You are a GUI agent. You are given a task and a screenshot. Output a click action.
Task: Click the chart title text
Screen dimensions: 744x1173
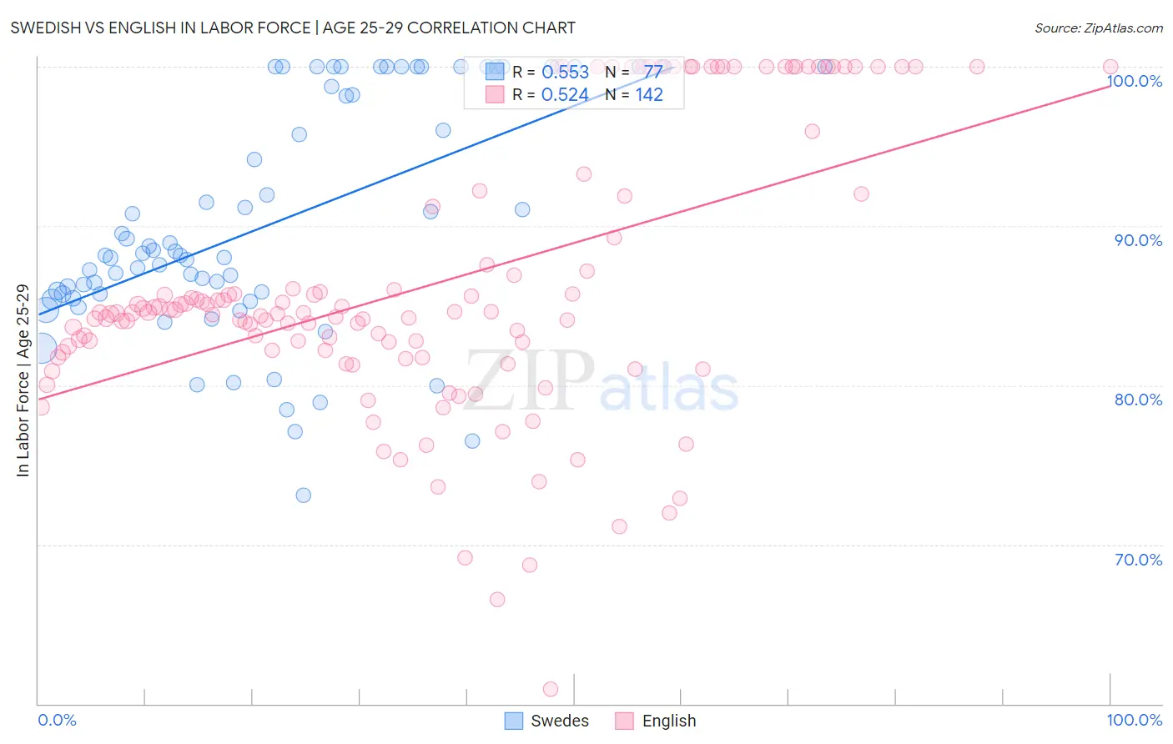(x=293, y=28)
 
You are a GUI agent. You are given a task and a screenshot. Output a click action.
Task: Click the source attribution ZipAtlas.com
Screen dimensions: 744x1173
(x=1098, y=28)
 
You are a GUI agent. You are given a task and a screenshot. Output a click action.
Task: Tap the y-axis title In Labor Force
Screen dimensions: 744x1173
(x=23, y=380)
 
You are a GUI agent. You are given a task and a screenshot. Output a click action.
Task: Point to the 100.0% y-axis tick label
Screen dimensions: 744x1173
(x=1134, y=81)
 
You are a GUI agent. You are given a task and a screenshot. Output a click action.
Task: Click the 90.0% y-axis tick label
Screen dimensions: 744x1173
(x=1138, y=240)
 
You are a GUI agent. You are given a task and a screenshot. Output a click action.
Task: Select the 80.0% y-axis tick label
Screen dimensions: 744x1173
(x=1138, y=400)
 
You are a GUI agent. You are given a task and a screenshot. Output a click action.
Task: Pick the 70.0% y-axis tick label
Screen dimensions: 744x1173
(x=1138, y=560)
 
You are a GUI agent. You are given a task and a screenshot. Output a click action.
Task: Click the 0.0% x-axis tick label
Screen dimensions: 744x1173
(x=57, y=720)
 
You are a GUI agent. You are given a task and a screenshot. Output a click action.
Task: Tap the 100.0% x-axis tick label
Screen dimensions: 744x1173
(x=1134, y=720)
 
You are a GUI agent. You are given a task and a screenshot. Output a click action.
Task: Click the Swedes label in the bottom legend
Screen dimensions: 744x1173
(x=560, y=721)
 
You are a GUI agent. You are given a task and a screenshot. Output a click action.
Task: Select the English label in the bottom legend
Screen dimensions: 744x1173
(x=669, y=721)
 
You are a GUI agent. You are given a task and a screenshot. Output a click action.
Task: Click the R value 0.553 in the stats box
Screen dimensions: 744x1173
(x=565, y=72)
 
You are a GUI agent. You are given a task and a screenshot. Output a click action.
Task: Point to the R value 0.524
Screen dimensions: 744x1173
(x=565, y=95)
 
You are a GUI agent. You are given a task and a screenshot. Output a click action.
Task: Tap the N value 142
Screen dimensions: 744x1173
(x=649, y=95)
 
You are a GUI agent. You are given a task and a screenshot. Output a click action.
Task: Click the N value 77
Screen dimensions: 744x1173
(x=652, y=72)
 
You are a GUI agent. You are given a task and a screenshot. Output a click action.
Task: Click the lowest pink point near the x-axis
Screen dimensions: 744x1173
(x=551, y=689)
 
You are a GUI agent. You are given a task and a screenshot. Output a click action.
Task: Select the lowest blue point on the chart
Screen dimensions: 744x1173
(x=304, y=495)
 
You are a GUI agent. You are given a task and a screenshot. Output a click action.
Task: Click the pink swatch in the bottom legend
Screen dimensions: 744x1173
(x=624, y=721)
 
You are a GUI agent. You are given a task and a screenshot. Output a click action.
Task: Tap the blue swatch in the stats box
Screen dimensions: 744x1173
(x=495, y=72)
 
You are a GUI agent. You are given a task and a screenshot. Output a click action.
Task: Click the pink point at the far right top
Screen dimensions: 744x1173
(x=1110, y=67)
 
